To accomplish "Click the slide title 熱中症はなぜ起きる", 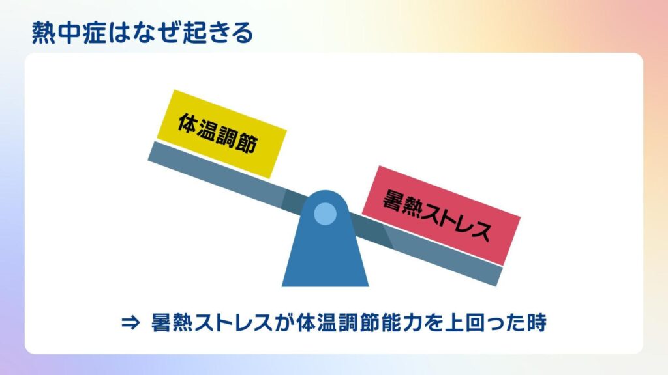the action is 142,33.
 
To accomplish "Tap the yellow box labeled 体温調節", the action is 222,134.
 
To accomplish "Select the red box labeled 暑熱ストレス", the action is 441,215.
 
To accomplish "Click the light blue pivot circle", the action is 325,214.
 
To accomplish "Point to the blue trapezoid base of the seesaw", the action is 325,251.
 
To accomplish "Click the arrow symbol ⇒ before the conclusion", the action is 130,323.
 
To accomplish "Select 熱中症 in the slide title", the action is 68,33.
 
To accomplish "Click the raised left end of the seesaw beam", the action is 151,150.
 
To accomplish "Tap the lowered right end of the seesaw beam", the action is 499,276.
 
